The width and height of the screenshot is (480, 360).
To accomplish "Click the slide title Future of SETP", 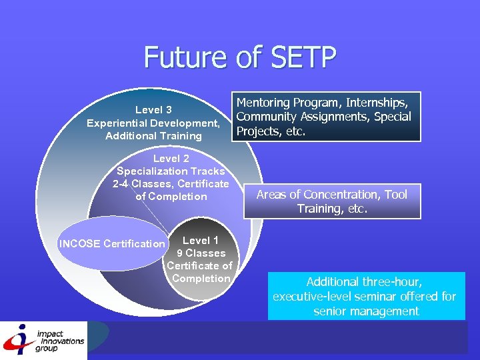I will [x=239, y=57].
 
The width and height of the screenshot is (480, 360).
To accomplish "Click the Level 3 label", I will [x=153, y=109].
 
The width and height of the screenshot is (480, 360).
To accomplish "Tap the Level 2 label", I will [x=171, y=159].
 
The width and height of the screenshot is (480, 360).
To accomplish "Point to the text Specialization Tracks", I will [x=171, y=171].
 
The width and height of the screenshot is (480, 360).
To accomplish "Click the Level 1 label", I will [x=201, y=240].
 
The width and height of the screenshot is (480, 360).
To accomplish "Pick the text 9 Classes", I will [x=201, y=253].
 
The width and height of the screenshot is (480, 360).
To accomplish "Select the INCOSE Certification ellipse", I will [x=112, y=244].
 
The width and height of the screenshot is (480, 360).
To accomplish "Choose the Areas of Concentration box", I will [x=332, y=201].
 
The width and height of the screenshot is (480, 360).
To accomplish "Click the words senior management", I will [x=366, y=311].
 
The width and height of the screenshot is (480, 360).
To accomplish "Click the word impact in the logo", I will [x=51, y=334].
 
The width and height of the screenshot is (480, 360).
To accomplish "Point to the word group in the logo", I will [x=46, y=348].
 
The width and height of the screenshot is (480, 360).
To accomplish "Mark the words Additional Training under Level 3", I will [x=153, y=136].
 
